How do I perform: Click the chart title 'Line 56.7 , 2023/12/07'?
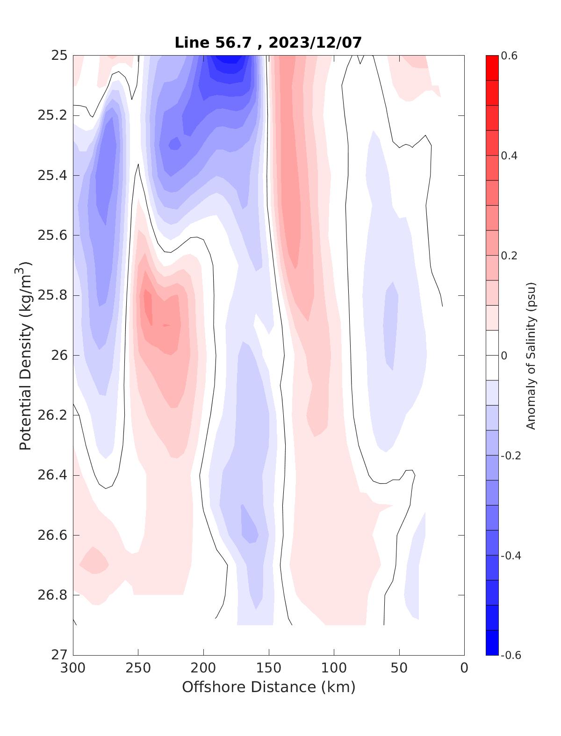pyautogui.click(x=268, y=43)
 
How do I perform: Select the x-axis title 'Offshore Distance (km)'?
pyautogui.click(x=268, y=687)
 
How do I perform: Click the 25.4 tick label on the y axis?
pyautogui.click(x=52, y=175)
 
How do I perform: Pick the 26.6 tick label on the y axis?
pyautogui.click(x=52, y=535)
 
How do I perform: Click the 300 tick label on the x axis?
pyautogui.click(x=73, y=668)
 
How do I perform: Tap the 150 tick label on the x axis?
pyautogui.click(x=269, y=668)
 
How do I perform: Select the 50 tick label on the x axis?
pyautogui.click(x=399, y=668)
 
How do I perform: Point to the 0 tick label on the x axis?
pyautogui.click(x=464, y=668)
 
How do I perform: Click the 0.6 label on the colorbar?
pyautogui.click(x=509, y=56)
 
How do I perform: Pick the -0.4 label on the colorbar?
pyautogui.click(x=511, y=555)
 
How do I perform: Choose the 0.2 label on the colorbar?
pyautogui.click(x=509, y=256)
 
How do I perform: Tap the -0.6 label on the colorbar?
pyautogui.click(x=511, y=655)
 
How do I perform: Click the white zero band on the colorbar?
pyautogui.click(x=492, y=355)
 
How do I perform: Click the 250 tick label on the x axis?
pyautogui.click(x=138, y=668)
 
